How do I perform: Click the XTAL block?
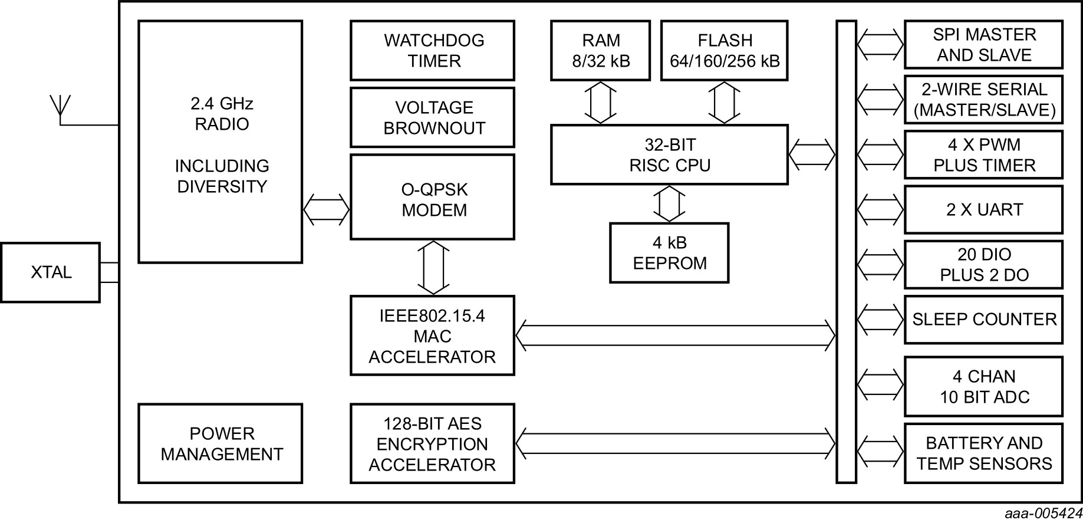50,272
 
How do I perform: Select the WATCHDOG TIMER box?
432,51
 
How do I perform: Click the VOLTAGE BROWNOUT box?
432,117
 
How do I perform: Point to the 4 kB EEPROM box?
669,253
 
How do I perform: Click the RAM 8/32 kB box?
600,51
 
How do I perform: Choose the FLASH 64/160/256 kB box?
724,51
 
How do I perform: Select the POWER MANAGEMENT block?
220,443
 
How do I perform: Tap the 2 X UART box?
983,210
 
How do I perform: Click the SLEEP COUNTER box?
983,320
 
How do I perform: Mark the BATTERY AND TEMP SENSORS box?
983,453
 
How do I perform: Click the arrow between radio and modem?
327,209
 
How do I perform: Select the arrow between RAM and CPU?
600,103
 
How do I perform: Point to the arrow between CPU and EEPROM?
669,203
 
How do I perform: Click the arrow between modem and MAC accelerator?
433,268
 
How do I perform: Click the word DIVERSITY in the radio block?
222,186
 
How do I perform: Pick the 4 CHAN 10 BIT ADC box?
983,386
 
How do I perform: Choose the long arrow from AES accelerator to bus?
675,443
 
